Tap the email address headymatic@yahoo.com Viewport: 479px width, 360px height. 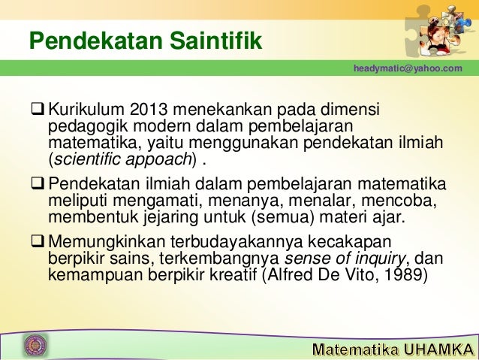coord(408,69)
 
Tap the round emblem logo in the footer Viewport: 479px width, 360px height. coord(35,345)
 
